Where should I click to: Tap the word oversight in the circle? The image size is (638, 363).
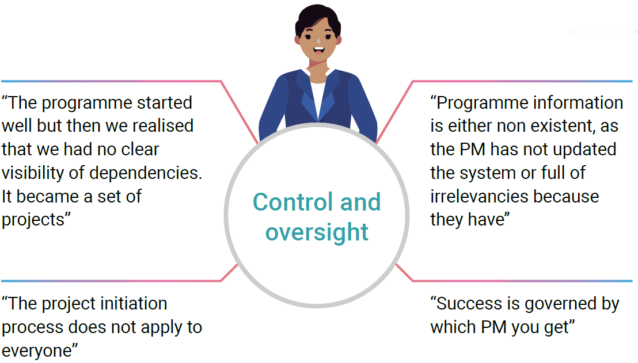pos(317,232)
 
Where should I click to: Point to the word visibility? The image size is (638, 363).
pos(36,173)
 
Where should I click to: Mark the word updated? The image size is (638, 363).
pos(582,150)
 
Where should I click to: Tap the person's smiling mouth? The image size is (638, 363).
pos(318,58)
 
